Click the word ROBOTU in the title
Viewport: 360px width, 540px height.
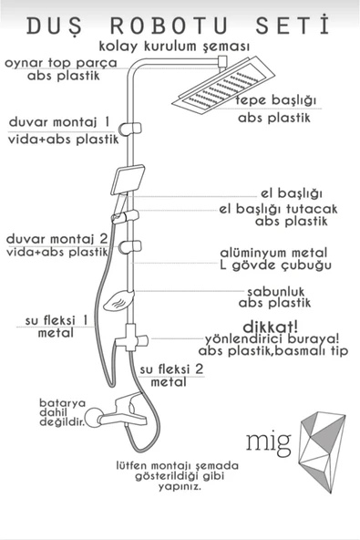point(170,26)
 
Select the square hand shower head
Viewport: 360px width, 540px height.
point(128,180)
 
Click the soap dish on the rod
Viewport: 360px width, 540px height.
point(118,301)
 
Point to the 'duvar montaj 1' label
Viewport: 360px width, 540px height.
point(59,122)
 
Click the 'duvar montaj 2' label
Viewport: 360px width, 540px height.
point(57,239)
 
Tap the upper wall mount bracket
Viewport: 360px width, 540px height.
point(130,129)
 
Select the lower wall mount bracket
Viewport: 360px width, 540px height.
point(130,247)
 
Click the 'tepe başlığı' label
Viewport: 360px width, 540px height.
point(275,100)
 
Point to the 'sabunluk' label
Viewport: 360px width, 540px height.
point(276,292)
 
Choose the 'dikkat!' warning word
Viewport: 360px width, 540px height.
point(271,327)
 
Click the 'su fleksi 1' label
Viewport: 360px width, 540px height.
point(57,320)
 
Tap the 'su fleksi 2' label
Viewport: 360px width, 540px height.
point(171,369)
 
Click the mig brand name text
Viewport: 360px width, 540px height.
point(269,442)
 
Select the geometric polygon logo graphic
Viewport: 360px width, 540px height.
point(322,452)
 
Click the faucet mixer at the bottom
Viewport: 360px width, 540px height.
point(117,411)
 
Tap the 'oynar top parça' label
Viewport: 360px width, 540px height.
point(61,63)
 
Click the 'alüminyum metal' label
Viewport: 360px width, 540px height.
point(273,254)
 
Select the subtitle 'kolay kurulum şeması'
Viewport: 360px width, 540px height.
point(174,47)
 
